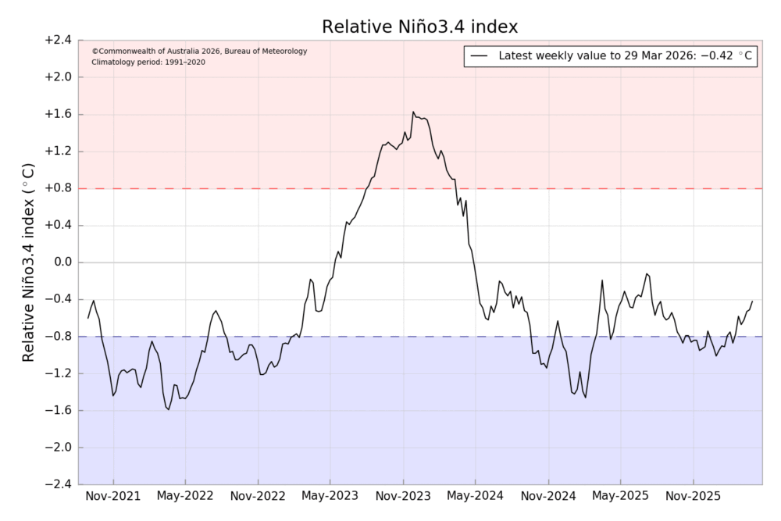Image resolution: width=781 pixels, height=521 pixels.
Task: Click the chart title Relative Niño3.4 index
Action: point(419,27)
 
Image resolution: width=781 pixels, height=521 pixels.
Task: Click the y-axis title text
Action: point(29,262)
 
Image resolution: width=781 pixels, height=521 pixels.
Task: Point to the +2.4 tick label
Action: point(58,41)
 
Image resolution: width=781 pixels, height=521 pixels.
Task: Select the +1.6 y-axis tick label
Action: point(58,115)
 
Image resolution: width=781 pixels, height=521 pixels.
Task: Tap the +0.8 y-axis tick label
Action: point(58,188)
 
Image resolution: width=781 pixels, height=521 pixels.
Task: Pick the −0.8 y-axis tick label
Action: point(58,337)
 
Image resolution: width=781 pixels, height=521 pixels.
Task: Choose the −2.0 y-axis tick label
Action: point(58,448)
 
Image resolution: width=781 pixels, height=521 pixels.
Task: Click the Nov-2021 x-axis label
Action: point(113,496)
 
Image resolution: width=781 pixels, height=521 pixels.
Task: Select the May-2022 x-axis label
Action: point(186,496)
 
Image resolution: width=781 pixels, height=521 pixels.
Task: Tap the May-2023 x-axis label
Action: point(331,496)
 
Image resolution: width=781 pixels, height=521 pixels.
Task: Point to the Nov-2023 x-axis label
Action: point(404,496)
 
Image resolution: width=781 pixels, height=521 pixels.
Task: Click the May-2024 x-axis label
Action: point(476,496)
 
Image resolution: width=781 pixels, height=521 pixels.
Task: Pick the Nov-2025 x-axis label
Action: point(694,496)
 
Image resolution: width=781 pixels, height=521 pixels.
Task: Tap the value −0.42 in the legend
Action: point(718,56)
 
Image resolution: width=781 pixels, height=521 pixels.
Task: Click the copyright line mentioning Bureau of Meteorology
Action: point(199,52)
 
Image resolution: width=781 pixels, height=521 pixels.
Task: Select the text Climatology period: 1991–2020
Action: point(148,62)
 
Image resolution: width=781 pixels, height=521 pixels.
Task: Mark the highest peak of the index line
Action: point(413,112)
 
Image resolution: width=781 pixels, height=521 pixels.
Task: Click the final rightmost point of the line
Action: point(752,302)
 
